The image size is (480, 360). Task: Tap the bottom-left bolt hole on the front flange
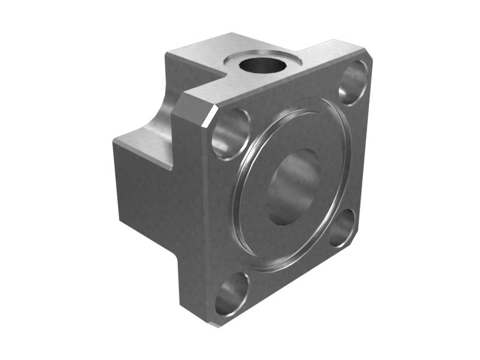[x=232, y=293]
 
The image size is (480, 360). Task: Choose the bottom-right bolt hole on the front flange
[x=342, y=229]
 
